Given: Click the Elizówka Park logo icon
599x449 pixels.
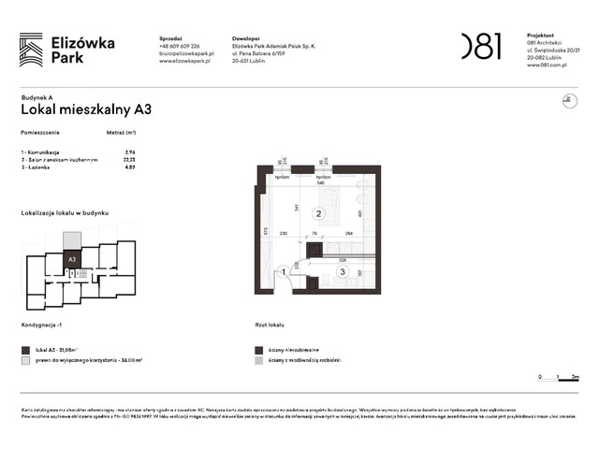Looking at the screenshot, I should [31, 49].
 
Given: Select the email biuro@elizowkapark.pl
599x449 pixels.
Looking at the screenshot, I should [187, 53].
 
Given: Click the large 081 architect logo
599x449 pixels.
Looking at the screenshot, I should [481, 46].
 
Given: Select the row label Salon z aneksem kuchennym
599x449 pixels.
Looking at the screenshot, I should [60, 159].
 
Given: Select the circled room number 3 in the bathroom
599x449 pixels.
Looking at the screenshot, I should [343, 272].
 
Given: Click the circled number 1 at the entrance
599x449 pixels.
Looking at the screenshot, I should [283, 272].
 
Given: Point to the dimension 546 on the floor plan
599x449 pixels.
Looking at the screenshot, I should [320, 183].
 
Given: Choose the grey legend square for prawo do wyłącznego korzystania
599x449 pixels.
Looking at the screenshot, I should [25, 359].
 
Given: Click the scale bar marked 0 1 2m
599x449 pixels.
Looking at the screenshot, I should [560, 376].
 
